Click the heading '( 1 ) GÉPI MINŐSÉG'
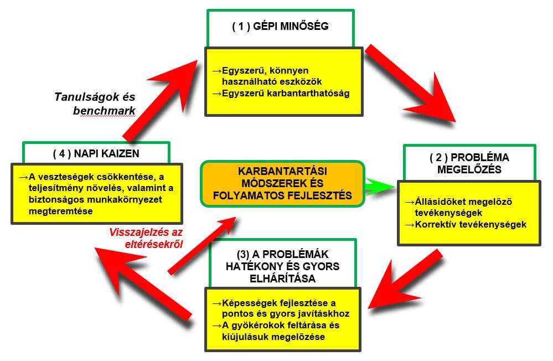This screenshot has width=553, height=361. click(281, 26)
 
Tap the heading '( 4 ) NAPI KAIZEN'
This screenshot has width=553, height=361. click(96, 153)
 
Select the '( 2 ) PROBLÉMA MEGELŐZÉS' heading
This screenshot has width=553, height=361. click(469, 163)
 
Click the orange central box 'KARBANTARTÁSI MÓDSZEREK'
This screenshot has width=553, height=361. click(282, 183)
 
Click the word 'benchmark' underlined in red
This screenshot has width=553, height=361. click(104, 111)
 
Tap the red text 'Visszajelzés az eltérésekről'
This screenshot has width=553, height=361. click(146, 238)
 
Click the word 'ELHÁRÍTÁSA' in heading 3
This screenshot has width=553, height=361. click(282, 279)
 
